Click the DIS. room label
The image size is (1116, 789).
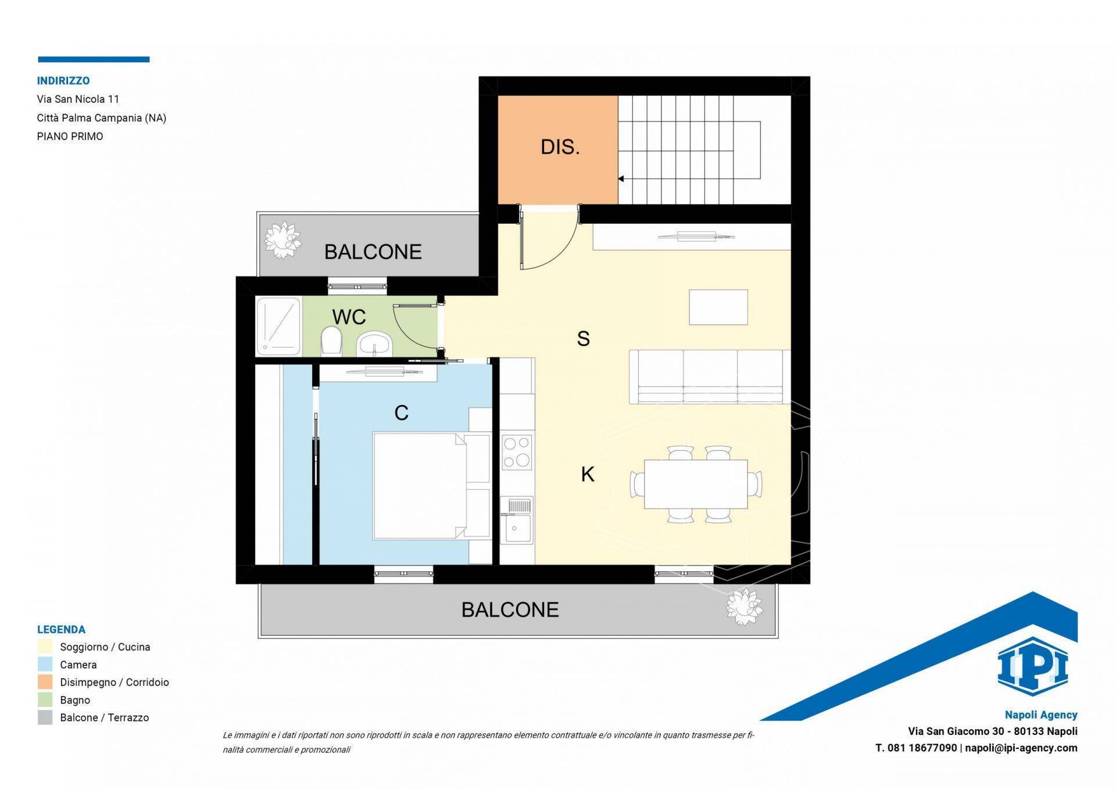560,147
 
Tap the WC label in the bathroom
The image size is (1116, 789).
349,317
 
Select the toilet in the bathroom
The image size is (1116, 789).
331,340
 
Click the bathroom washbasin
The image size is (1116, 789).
374,344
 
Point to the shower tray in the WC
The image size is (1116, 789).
278,326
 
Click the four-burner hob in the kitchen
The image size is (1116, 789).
517,452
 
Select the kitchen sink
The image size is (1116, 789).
517,520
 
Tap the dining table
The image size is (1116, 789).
696,484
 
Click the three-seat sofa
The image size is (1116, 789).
710,376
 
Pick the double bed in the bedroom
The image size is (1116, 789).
420,486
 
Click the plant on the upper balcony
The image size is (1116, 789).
282,239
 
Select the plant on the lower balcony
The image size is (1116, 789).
744,607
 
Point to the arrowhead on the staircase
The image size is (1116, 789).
621,179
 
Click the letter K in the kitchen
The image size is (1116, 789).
587,475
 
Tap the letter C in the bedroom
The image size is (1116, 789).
401,413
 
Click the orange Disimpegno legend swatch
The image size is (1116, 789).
45,682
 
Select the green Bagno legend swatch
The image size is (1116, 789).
45,700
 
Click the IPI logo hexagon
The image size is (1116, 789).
1032,666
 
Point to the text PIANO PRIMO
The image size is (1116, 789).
70,137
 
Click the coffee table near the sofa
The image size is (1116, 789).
718,307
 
